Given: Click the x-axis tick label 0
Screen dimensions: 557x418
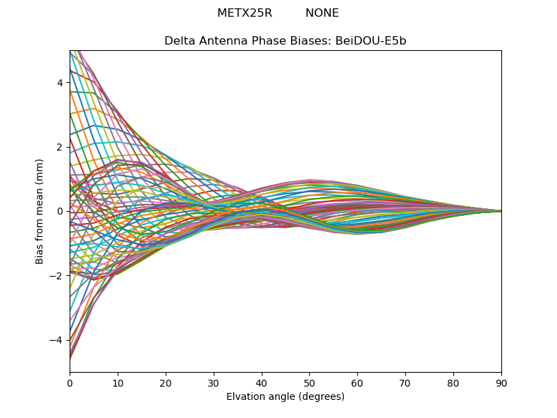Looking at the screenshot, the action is click(x=70, y=383).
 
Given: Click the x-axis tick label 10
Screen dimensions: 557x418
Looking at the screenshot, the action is click(x=118, y=383).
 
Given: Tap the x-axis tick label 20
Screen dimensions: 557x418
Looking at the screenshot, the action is click(x=166, y=383).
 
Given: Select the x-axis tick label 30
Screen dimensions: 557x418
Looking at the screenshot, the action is click(x=214, y=383).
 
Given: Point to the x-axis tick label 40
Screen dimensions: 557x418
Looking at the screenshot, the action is click(x=262, y=383).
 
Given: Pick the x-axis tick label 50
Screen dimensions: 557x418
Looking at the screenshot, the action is click(x=309, y=383).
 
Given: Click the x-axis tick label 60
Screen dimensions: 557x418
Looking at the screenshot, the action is click(x=357, y=383).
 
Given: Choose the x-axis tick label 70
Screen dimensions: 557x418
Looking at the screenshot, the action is click(x=405, y=383).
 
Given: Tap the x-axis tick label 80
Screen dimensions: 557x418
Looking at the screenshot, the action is click(x=453, y=383).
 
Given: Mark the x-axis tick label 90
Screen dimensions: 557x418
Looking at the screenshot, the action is click(x=501, y=383).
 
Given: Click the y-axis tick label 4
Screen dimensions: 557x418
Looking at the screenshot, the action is click(x=60, y=83).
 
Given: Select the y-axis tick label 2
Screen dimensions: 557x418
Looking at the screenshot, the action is click(x=60, y=147).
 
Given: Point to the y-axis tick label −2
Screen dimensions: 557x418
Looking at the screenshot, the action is click(x=56, y=276).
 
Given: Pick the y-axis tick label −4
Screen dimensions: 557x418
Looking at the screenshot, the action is click(x=56, y=340).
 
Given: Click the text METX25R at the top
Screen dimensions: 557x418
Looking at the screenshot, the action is click(x=245, y=13).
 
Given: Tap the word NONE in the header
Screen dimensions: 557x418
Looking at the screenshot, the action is click(x=322, y=13).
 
